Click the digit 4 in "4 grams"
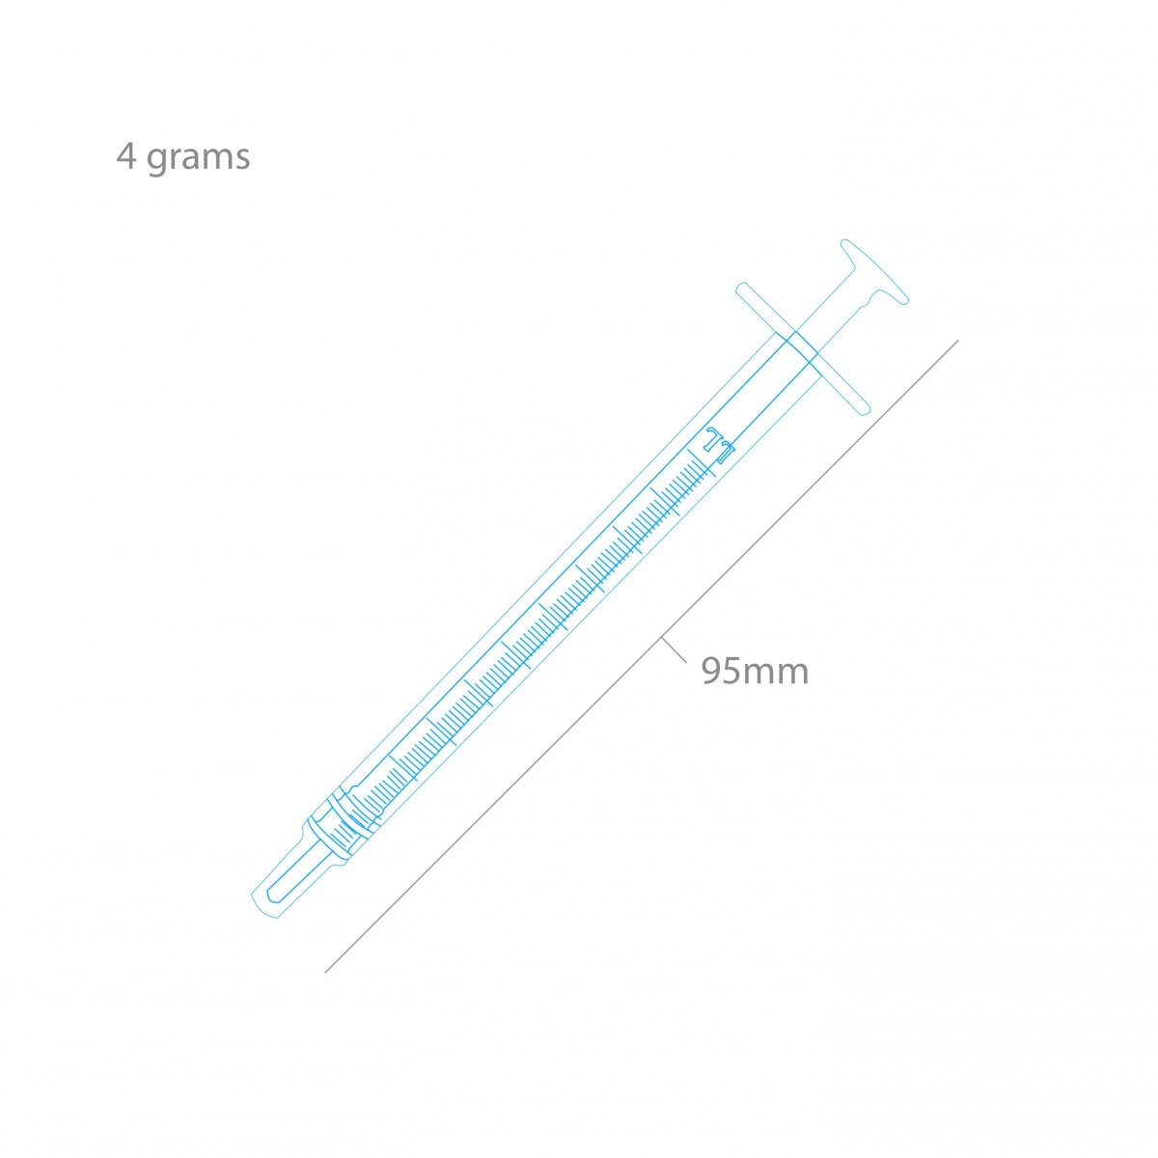point(126,156)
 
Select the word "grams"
point(199,158)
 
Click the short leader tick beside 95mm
point(674,651)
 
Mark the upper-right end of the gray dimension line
point(957,341)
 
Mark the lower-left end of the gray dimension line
point(326,971)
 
